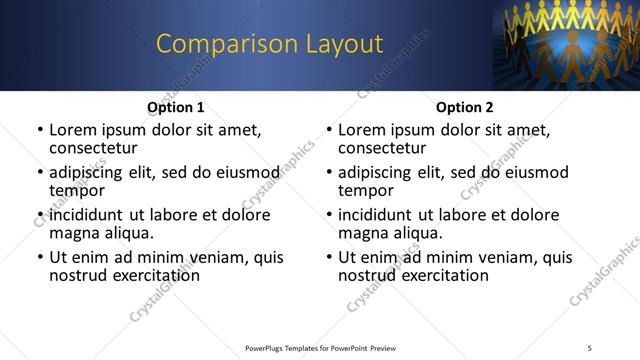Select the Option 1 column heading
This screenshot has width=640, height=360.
pyautogui.click(x=175, y=107)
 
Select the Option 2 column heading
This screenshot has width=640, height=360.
pyautogui.click(x=464, y=107)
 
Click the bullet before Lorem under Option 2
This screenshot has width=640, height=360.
pyautogui.click(x=328, y=130)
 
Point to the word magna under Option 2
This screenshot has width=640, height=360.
pyautogui.click(x=361, y=233)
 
